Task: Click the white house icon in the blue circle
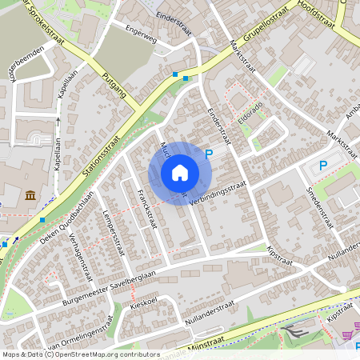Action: [x=180, y=172]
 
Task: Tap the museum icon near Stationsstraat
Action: [x=30, y=195]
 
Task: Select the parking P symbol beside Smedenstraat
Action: [x=323, y=166]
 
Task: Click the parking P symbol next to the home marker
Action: [x=210, y=154]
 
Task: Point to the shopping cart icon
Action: [x=347, y=336]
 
